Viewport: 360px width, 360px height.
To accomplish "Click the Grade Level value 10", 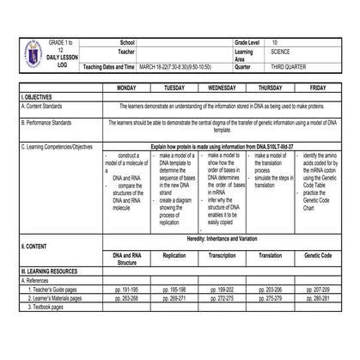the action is click(x=275, y=42).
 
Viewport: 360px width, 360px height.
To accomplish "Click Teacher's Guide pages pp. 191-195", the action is click(x=126, y=290).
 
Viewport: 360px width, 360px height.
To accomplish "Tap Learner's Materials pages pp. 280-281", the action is click(x=317, y=298).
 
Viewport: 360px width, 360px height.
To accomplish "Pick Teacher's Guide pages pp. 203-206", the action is click(x=270, y=290).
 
